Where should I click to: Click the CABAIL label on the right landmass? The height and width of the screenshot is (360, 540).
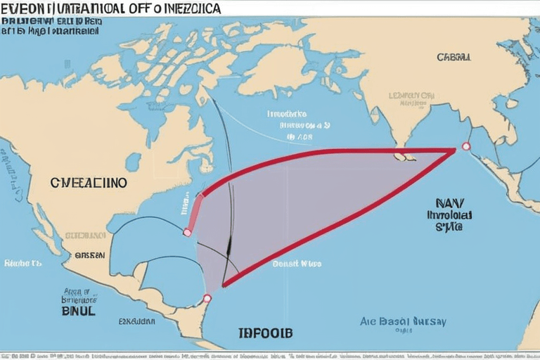(454, 57)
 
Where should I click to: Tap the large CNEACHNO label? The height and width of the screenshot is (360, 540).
(89, 182)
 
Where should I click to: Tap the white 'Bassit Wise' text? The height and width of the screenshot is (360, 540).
(296, 264)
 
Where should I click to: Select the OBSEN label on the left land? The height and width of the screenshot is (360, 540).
(89, 256)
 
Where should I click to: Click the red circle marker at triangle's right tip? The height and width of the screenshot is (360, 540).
(465, 146)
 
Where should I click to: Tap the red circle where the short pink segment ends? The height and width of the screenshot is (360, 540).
(187, 232)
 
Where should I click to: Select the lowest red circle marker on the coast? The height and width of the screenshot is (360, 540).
(207, 298)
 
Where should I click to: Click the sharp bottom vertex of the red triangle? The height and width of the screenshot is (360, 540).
(224, 285)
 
